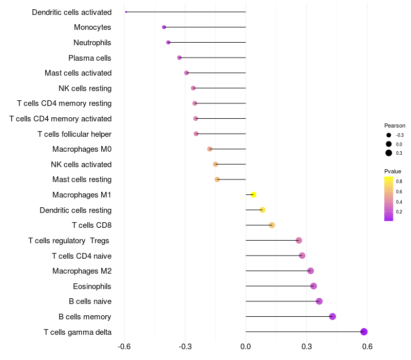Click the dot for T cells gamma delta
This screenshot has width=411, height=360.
pyautogui.click(x=364, y=332)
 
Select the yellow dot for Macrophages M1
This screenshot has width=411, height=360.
pyautogui.click(x=253, y=195)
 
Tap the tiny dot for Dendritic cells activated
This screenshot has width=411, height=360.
pyautogui.click(x=126, y=12)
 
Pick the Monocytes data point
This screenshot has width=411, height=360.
pyautogui.click(x=164, y=27)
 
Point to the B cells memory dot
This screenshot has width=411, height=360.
pyautogui.click(x=332, y=316)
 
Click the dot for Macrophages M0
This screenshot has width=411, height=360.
pyautogui.click(x=210, y=149)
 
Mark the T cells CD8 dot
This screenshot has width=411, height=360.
pyautogui.click(x=272, y=225)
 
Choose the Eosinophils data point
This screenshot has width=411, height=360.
pyautogui.click(x=313, y=286)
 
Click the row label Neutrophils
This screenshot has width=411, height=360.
pyautogui.click(x=92, y=43)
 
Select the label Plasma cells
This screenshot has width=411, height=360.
pyautogui.click(x=89, y=58)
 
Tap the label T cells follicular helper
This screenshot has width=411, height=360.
pyautogui.click(x=74, y=134)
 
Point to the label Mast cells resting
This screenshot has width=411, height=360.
pyautogui.click(x=82, y=179)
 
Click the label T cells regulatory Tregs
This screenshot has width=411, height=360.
pyautogui.click(x=69, y=241)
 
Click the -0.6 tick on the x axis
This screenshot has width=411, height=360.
pyautogui.click(x=124, y=347)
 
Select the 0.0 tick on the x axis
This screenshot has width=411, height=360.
pyautogui.click(x=246, y=347)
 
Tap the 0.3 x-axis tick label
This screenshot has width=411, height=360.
pyautogui.click(x=306, y=347)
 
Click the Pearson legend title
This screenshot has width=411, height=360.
pyautogui.click(x=395, y=125)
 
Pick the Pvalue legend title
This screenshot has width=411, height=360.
pyautogui.click(x=393, y=171)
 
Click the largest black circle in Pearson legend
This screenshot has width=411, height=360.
pyautogui.click(x=389, y=153)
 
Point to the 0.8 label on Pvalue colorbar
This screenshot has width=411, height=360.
pyautogui.click(x=399, y=182)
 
